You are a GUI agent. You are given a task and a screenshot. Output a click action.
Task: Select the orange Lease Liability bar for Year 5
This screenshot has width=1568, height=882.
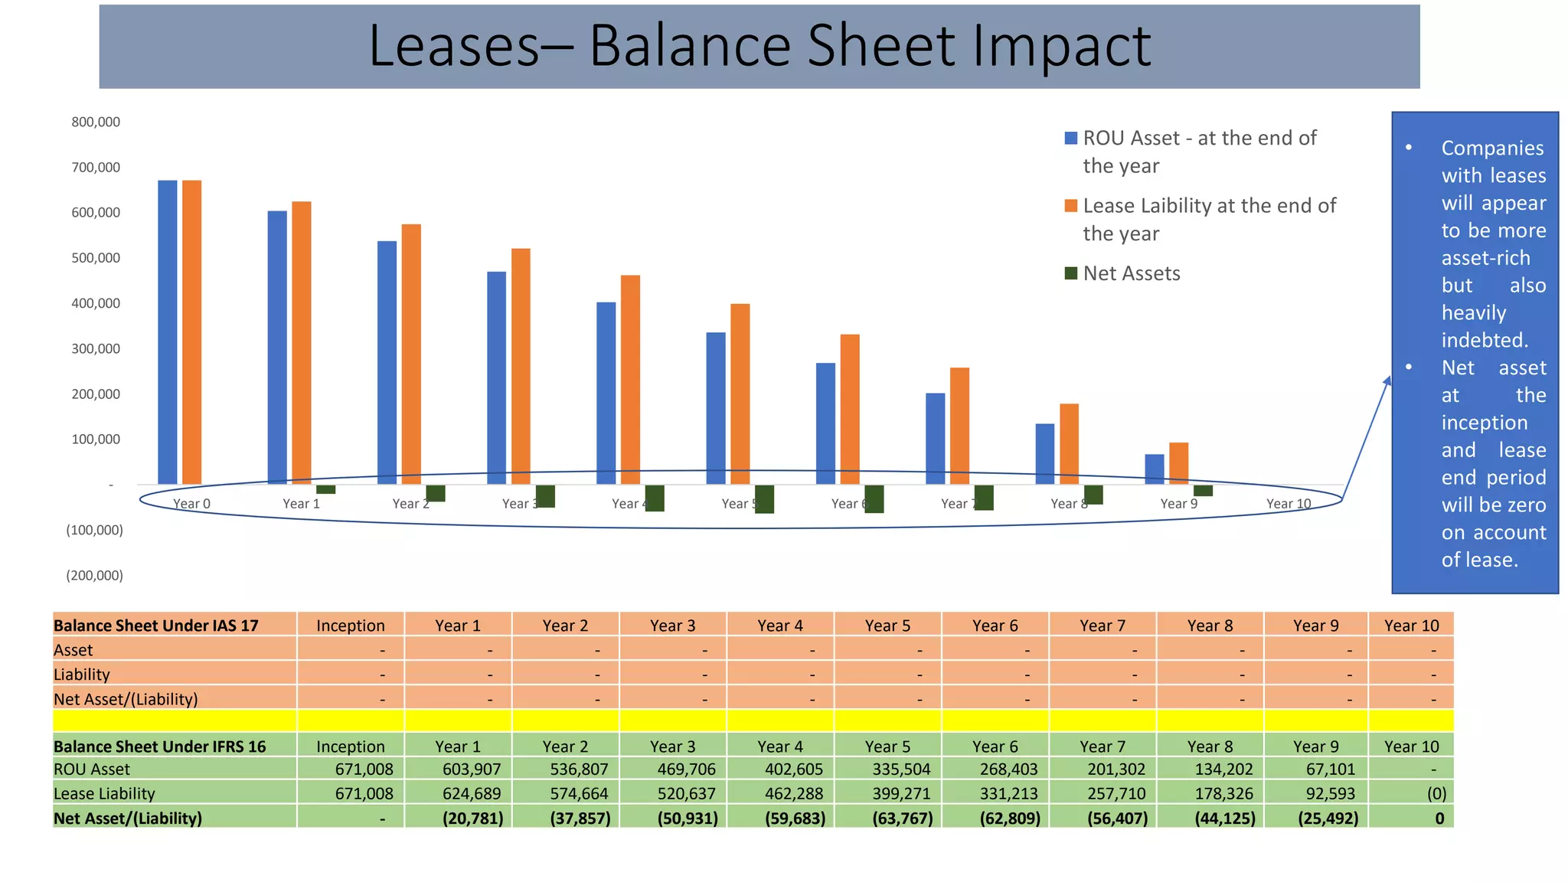tap(740, 394)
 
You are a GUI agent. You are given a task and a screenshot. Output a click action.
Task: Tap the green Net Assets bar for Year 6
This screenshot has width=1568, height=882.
tap(874, 498)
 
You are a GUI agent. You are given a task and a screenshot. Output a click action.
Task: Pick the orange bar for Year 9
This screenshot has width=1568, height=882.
tap(1178, 463)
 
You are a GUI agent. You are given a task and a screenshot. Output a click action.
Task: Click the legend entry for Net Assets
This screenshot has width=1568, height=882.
tap(1131, 273)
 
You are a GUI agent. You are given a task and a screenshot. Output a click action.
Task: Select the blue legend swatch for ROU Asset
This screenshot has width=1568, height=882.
tap(1071, 138)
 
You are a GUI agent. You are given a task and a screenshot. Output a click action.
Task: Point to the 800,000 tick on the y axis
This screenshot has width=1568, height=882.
tap(96, 122)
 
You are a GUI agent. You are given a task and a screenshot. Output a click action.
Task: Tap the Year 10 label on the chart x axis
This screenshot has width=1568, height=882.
tap(1288, 503)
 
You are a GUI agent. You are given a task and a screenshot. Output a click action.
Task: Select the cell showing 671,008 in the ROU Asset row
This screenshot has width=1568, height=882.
tap(364, 769)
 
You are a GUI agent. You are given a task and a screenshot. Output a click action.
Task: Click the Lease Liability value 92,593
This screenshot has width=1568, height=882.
tap(1330, 793)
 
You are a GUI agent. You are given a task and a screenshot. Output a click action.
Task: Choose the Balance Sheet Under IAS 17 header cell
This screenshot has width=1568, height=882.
tap(156, 625)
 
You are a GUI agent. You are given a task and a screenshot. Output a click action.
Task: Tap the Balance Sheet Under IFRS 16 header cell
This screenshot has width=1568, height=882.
tap(159, 746)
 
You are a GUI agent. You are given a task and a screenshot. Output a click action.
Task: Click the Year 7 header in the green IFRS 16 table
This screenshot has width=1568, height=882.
tap(1102, 746)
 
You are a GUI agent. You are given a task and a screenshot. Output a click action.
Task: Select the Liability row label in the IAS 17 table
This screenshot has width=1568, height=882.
tap(82, 674)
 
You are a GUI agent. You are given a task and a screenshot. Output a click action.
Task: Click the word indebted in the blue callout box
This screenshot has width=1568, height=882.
tap(1484, 340)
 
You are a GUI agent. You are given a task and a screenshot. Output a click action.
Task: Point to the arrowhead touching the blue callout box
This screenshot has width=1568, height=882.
tap(1387, 381)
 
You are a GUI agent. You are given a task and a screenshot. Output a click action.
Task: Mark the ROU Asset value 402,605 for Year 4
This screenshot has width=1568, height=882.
tap(793, 769)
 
